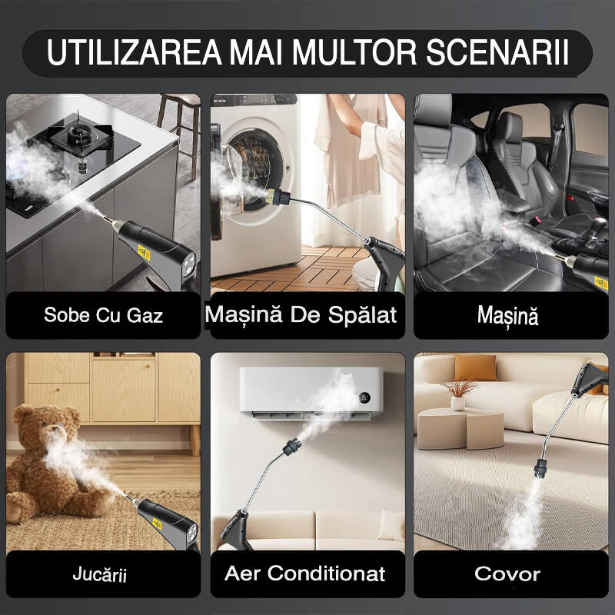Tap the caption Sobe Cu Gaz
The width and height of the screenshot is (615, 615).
click(103, 315)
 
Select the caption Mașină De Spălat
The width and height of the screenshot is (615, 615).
click(301, 314)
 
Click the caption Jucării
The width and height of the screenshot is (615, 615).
click(99, 574)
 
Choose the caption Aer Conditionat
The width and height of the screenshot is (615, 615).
click(305, 573)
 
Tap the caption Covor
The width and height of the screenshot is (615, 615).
click(507, 573)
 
